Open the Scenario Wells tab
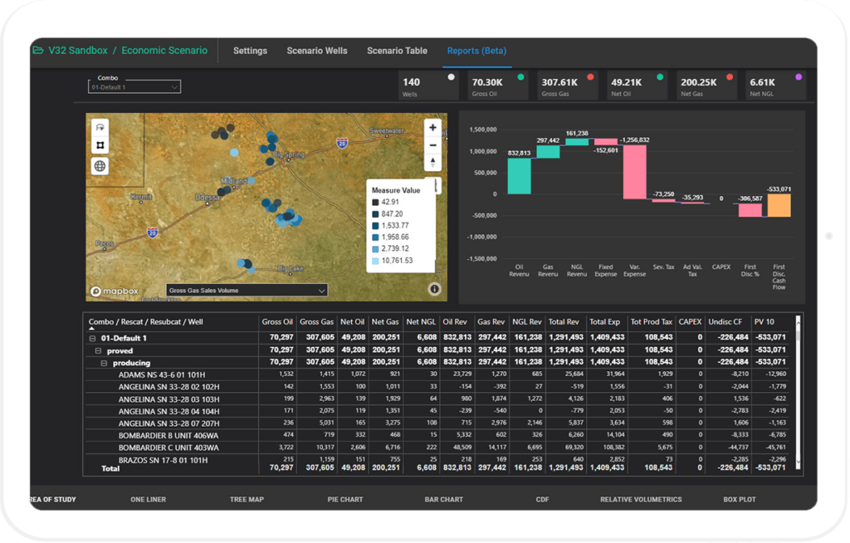point(317,51)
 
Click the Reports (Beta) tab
point(476,51)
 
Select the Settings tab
point(250,51)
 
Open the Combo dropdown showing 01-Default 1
point(134,86)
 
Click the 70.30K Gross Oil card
point(498,86)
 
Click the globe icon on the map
point(100,165)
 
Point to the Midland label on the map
point(235,180)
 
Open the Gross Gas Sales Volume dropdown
point(247,291)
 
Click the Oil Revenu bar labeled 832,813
point(520,175)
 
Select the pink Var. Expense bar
point(634,171)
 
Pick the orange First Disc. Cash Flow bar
point(779,205)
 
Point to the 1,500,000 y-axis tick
point(481,130)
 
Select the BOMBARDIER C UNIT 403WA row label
point(164,448)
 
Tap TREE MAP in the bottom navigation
point(247,500)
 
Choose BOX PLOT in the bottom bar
point(740,500)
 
